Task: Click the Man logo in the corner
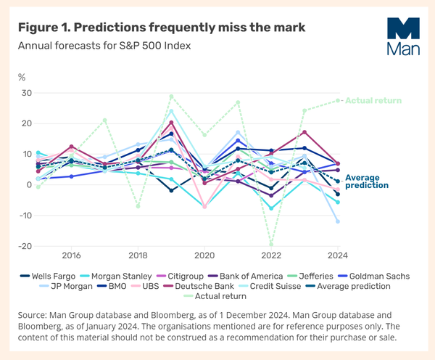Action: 399,36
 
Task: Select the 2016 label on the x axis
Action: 71,255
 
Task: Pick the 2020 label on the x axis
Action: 205,255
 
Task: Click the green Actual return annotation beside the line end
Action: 373,101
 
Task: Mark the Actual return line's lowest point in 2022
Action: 272,245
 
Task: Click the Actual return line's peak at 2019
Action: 171,96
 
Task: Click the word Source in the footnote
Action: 33,316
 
